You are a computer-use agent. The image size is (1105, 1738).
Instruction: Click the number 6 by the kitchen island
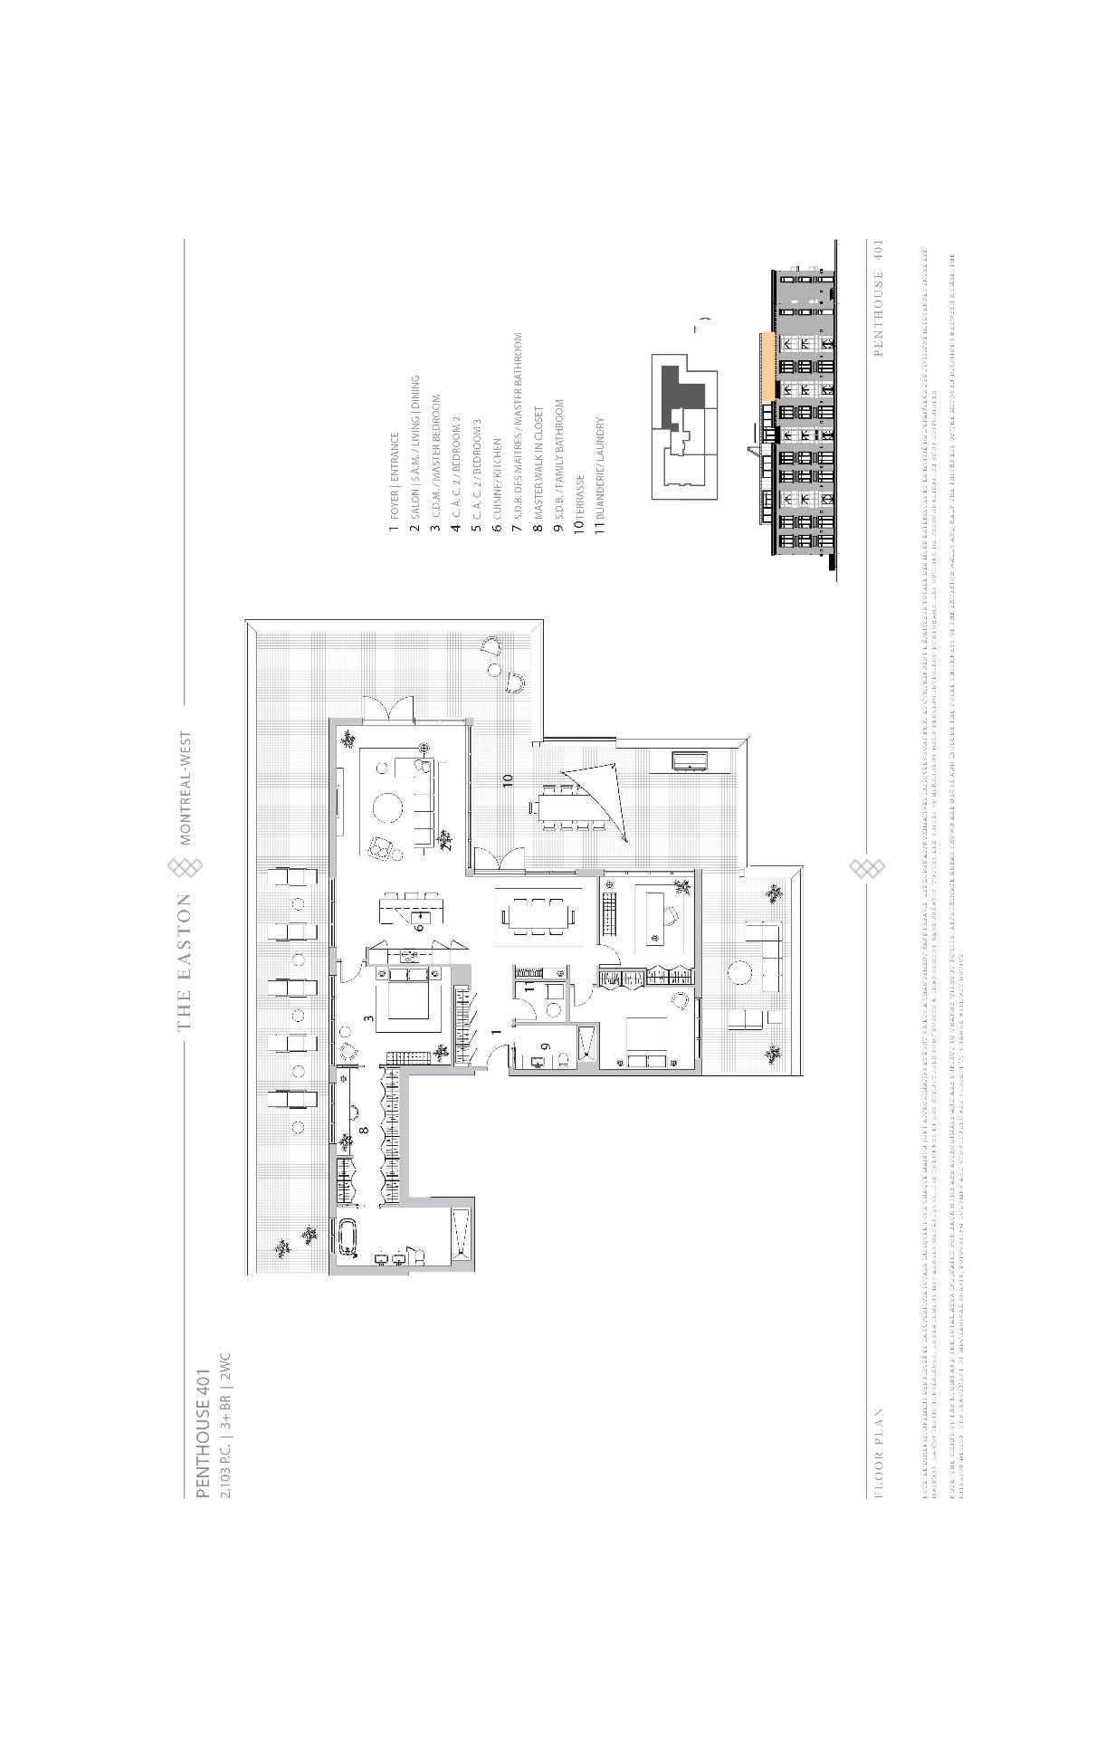(x=419, y=926)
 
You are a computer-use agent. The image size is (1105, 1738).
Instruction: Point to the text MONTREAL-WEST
(x=186, y=788)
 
